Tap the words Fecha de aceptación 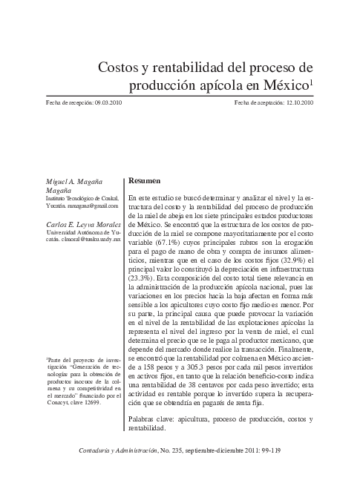tap(258, 103)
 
